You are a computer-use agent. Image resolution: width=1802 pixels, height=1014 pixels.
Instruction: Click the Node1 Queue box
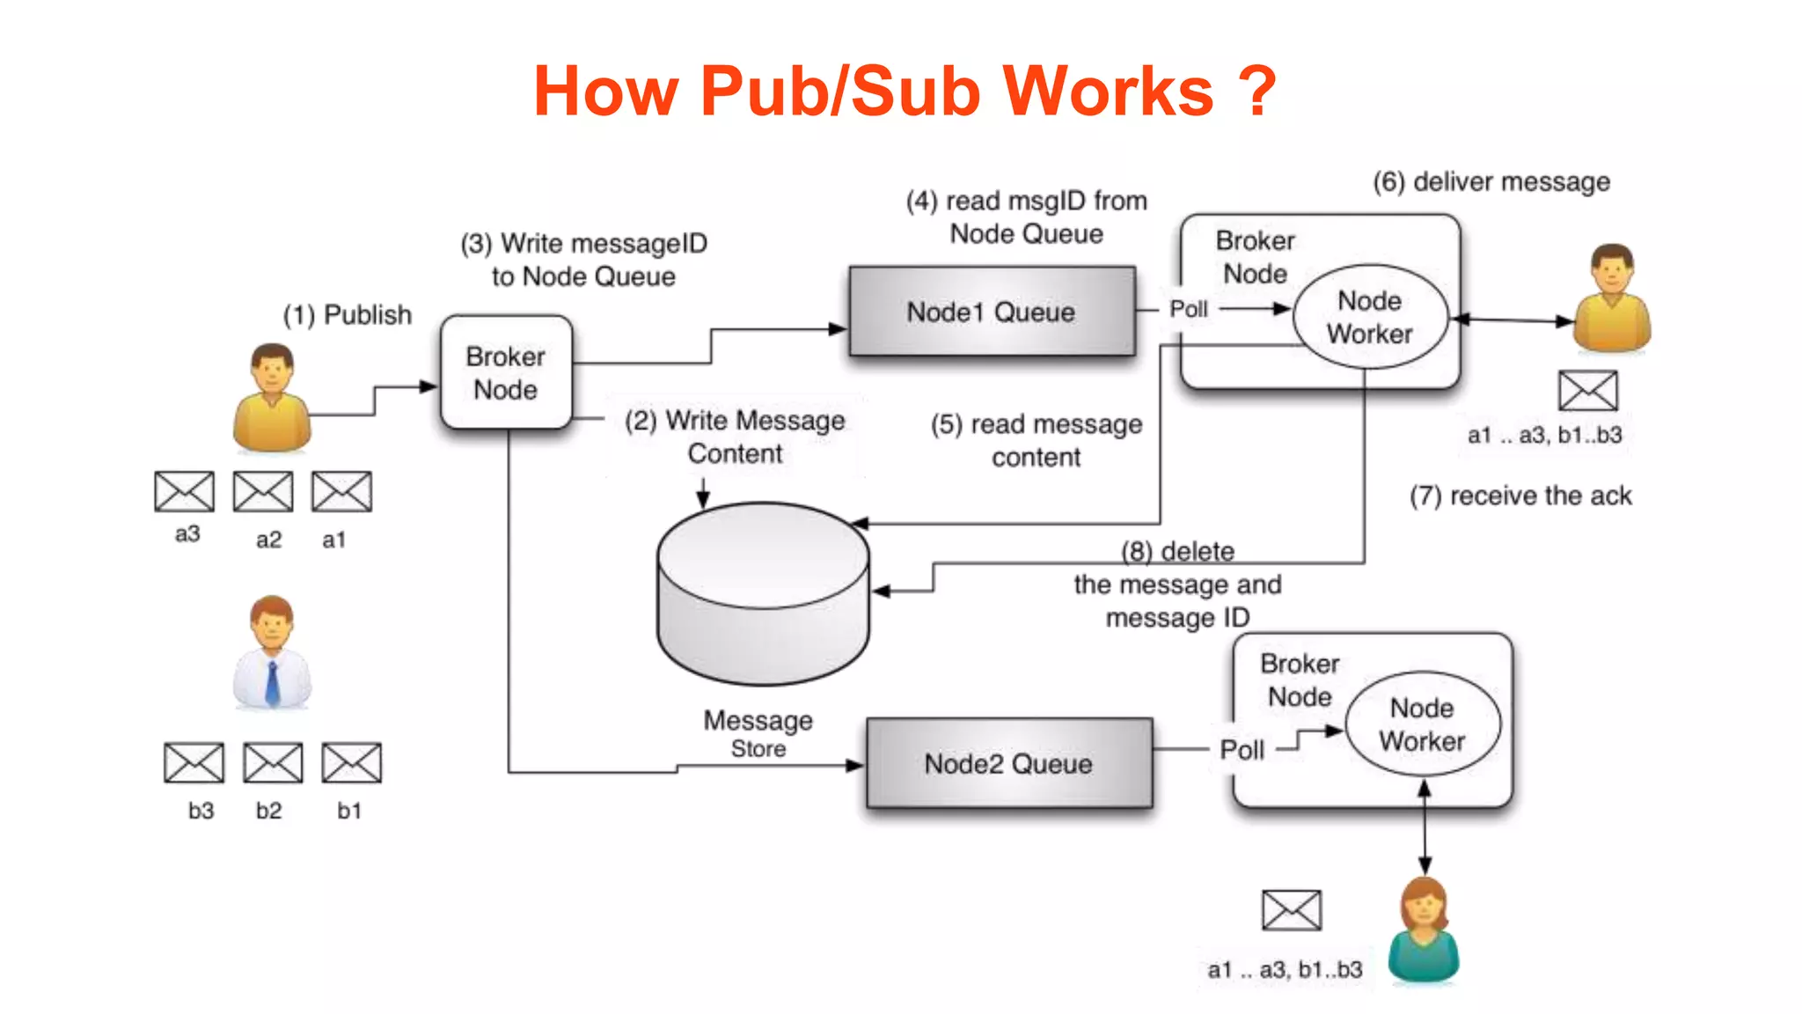tap(992, 312)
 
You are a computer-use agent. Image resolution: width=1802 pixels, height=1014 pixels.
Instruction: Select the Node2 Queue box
tap(1008, 763)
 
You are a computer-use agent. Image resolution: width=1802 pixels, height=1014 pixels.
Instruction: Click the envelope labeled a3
tap(184, 491)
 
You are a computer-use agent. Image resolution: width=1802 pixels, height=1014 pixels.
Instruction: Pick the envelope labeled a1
tap(341, 491)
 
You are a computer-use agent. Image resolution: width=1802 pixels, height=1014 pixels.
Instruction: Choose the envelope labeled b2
tap(273, 762)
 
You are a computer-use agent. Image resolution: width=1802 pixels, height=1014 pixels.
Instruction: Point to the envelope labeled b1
tap(351, 762)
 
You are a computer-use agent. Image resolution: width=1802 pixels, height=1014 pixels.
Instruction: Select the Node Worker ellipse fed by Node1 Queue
tap(1370, 317)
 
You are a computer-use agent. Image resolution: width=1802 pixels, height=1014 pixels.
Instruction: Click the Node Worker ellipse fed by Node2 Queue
tap(1422, 724)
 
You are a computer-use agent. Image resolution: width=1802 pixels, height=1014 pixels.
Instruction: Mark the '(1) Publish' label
tap(347, 314)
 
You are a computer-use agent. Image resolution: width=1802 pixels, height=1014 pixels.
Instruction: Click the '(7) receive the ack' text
tap(1520, 496)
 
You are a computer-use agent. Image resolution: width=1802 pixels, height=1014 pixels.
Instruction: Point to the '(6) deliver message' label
tap(1491, 182)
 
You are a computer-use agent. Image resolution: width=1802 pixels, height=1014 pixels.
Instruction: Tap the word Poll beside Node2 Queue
tap(1242, 750)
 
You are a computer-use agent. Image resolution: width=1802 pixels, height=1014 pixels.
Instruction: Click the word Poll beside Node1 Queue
tap(1188, 309)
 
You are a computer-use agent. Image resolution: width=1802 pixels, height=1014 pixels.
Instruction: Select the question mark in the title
tap(1256, 91)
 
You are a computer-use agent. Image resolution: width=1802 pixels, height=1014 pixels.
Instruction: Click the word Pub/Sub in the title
tap(840, 91)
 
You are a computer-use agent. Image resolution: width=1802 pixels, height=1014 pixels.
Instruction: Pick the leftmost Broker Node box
tap(506, 373)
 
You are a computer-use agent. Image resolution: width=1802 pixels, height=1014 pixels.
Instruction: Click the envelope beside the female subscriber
tap(1291, 910)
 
